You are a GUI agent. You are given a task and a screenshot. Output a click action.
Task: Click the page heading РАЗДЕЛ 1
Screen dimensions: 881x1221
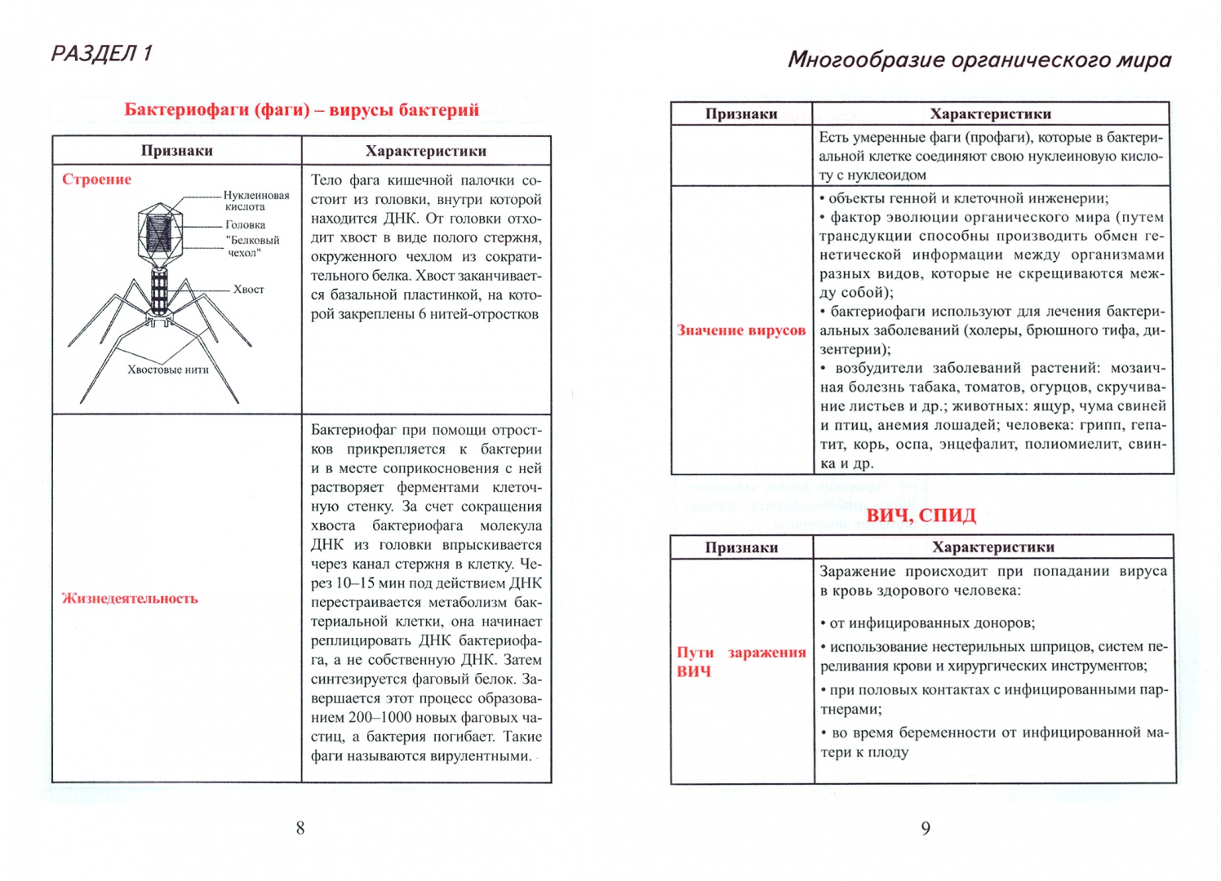coord(101,54)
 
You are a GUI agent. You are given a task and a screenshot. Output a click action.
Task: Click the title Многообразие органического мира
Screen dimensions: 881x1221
coord(979,60)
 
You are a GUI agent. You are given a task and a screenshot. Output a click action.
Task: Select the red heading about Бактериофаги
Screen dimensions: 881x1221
coord(301,110)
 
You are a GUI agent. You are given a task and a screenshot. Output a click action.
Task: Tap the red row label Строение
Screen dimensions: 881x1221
coord(96,179)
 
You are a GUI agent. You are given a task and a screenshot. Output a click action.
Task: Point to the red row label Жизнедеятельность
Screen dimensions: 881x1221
coord(130,598)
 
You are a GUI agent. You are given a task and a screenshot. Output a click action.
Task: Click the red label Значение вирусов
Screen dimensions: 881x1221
coord(740,330)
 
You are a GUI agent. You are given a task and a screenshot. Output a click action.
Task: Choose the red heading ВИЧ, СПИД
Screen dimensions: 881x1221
coord(921,516)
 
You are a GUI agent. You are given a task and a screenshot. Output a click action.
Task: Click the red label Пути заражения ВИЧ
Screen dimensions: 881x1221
coord(740,662)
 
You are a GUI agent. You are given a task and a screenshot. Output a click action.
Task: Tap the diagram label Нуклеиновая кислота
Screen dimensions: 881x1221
coord(255,201)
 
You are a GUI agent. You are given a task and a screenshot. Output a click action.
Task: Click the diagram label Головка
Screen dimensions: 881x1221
coord(245,224)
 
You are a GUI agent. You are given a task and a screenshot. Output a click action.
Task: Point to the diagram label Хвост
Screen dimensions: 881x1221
coord(248,290)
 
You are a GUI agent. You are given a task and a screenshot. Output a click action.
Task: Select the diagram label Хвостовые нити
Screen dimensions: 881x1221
coord(168,370)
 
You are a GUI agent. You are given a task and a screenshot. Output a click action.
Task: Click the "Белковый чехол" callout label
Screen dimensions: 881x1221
coord(252,246)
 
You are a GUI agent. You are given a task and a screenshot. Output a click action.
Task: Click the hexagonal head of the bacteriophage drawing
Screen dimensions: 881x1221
coord(159,233)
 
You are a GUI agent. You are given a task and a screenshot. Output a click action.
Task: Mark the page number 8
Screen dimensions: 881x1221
coord(300,828)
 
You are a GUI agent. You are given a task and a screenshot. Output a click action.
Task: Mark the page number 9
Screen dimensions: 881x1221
coord(926,828)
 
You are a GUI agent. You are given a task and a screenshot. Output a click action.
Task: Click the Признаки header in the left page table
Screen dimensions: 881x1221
coord(176,151)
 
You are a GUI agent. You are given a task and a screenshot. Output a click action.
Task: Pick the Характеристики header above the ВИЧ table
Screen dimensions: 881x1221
coord(992,547)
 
